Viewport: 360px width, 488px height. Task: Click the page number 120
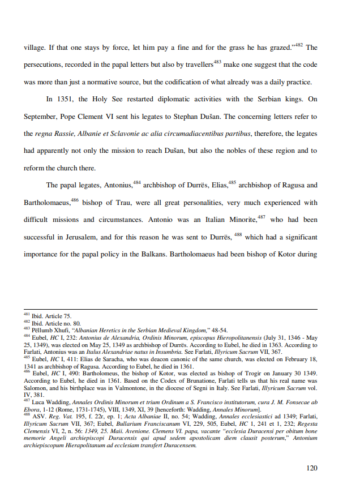tap(311, 468)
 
